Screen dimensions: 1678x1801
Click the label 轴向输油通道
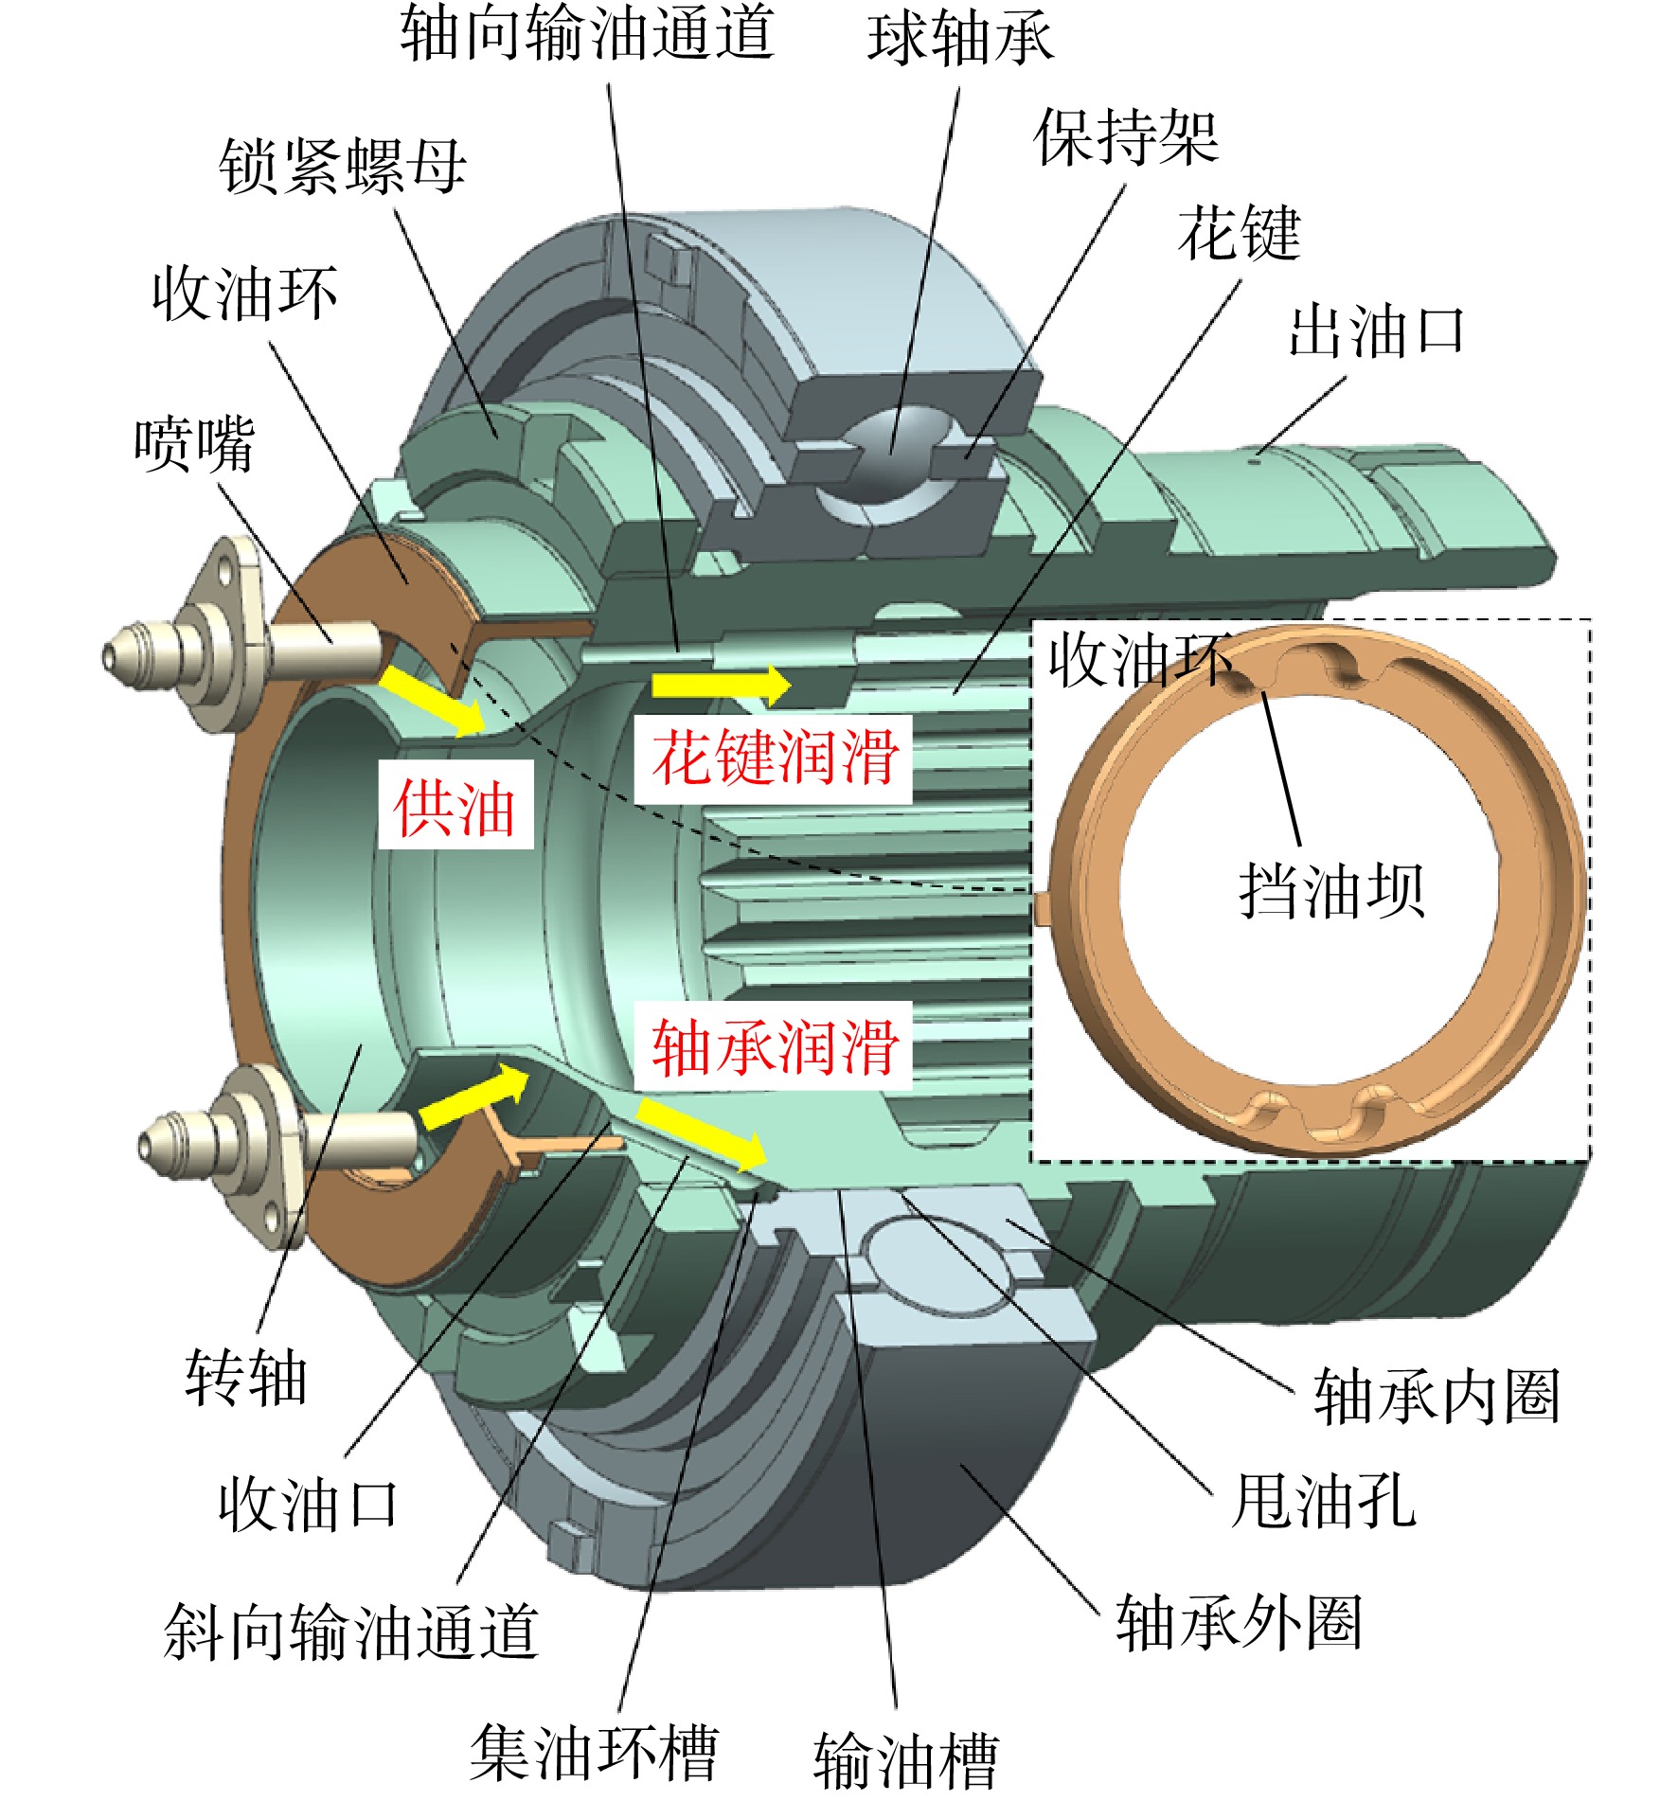point(587,34)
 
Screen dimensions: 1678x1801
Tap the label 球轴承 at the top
point(959,40)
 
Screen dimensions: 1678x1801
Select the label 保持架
point(1126,137)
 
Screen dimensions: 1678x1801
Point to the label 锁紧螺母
point(343,167)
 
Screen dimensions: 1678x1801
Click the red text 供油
point(455,806)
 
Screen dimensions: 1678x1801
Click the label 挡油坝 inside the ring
point(1331,890)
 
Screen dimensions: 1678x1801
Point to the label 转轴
point(246,1377)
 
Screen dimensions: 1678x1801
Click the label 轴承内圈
point(1436,1396)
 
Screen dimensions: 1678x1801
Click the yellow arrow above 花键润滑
point(721,685)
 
